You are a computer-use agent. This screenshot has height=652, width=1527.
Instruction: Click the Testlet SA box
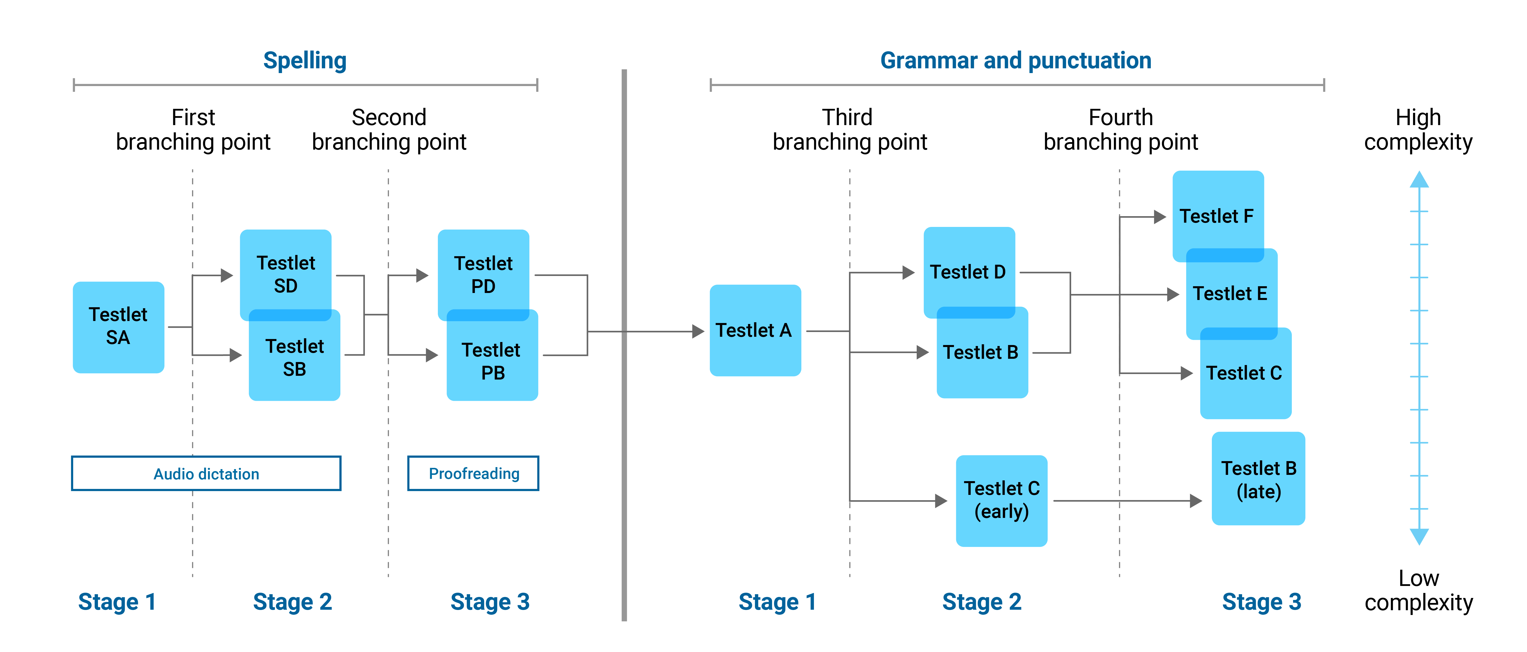pos(118,327)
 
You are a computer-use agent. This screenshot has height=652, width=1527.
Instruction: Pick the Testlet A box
pos(755,331)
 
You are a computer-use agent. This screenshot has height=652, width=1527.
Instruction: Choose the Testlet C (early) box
pos(1001,500)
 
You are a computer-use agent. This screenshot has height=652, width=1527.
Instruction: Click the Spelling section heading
pos(305,61)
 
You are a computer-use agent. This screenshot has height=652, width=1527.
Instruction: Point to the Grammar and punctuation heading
pos(1015,61)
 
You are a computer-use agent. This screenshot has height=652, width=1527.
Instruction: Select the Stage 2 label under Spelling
pos(292,601)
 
